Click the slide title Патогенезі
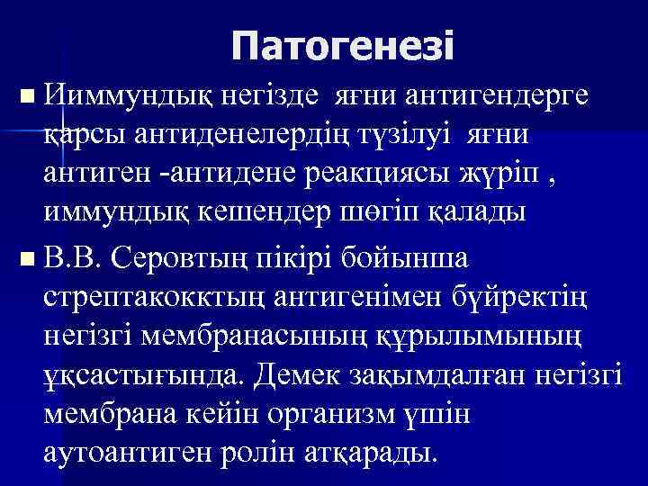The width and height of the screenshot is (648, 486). coord(342,45)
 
